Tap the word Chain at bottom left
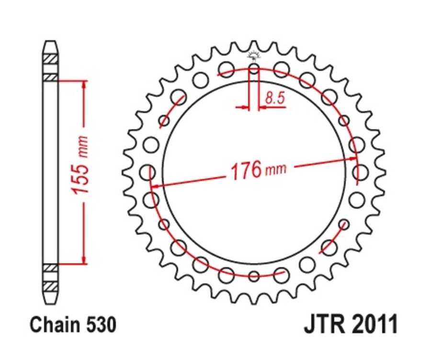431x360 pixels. pyautogui.click(x=52, y=325)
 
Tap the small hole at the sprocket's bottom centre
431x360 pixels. pyautogui.click(x=254, y=276)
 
